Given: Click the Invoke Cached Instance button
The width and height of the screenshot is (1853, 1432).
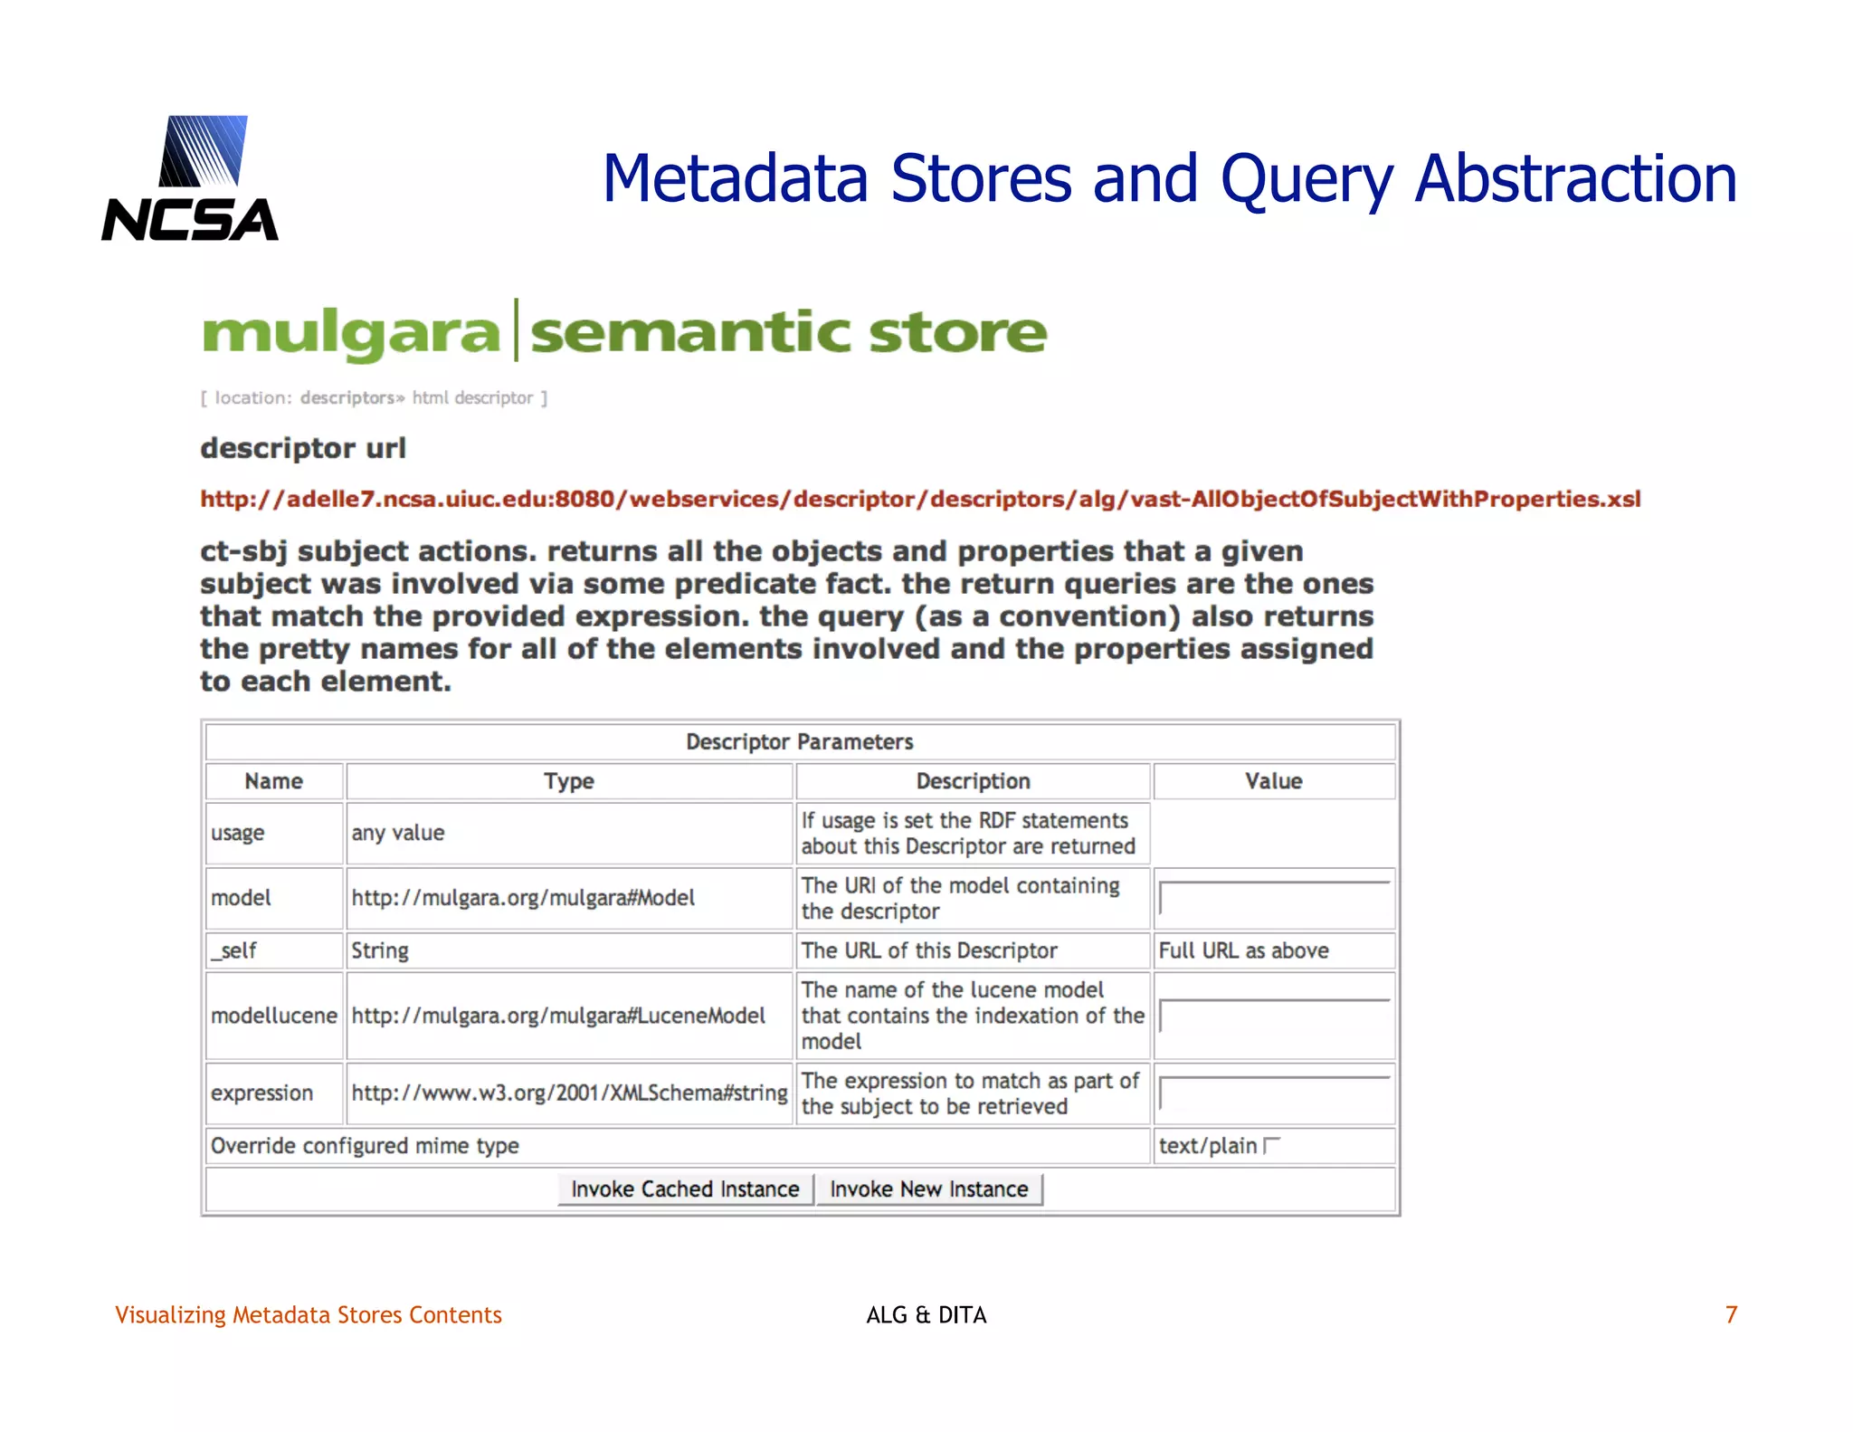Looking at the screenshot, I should (x=685, y=1189).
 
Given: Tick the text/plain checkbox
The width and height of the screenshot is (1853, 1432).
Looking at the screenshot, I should (x=1271, y=1146).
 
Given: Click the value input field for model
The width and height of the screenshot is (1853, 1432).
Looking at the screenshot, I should (x=1274, y=898).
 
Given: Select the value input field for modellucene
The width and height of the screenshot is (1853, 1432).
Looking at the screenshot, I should (x=1274, y=1016).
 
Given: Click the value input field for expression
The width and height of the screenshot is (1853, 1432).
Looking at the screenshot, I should (x=1274, y=1093).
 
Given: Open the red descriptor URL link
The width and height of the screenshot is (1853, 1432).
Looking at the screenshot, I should (x=920, y=499).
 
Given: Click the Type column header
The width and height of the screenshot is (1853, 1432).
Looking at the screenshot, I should (x=569, y=781).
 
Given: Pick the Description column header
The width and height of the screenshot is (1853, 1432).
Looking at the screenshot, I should (x=973, y=781).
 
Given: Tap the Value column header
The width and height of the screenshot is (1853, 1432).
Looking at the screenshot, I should (x=1273, y=781).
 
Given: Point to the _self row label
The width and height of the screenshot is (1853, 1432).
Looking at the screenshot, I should (x=234, y=950).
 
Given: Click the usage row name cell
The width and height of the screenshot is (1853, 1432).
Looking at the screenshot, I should (x=238, y=833).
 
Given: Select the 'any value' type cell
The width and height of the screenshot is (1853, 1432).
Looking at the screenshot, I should (x=398, y=833).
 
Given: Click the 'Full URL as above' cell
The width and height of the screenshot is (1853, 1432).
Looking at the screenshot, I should (x=1243, y=950).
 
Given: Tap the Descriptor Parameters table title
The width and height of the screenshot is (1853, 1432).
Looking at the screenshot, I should (x=800, y=742).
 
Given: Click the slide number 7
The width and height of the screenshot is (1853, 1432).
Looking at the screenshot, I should (x=1731, y=1314).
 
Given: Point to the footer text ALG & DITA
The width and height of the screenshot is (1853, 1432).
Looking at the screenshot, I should (x=926, y=1314).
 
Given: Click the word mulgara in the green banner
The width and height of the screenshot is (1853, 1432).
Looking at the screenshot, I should (x=351, y=332).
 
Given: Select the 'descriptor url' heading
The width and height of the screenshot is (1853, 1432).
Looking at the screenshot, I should (x=303, y=448).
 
